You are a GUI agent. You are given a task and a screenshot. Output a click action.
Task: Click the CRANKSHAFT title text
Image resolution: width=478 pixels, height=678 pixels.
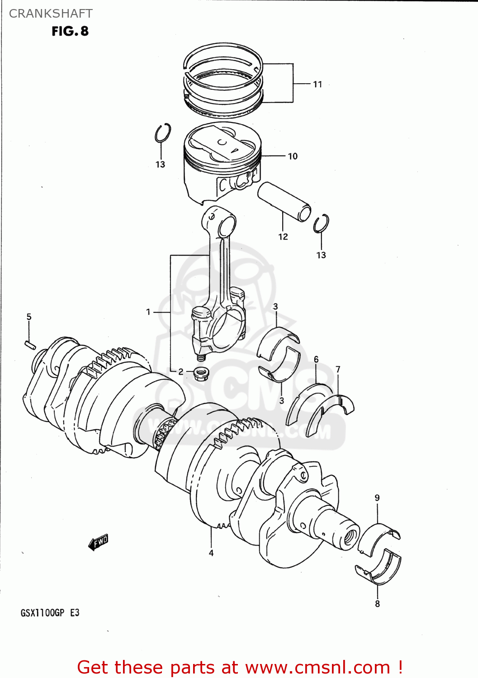point(51,14)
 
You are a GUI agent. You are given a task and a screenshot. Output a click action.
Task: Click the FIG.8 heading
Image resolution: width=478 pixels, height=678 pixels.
point(70,31)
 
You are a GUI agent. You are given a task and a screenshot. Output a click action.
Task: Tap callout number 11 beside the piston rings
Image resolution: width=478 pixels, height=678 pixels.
point(317,84)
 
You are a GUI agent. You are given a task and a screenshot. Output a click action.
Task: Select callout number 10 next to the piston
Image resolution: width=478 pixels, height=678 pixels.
point(293,156)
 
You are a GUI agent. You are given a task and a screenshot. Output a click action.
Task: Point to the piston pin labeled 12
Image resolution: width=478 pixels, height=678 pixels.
point(284,201)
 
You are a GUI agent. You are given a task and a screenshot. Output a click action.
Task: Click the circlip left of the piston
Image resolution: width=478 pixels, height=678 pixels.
point(162,133)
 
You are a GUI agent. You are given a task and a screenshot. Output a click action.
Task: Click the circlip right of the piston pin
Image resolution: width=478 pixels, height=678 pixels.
point(321,223)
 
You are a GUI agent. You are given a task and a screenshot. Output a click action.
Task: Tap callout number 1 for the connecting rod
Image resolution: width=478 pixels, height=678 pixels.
point(148,311)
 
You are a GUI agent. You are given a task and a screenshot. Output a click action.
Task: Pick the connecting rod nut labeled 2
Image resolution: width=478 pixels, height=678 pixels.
point(200,374)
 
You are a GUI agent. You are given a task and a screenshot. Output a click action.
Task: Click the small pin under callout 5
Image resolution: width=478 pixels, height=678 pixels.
point(30,344)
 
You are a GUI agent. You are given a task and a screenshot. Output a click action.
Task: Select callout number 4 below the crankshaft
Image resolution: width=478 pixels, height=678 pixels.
point(211,552)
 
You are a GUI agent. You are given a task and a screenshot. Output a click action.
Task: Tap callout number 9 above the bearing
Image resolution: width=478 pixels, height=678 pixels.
point(377,498)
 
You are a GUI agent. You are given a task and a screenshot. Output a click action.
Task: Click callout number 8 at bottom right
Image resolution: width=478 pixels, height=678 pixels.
point(377,603)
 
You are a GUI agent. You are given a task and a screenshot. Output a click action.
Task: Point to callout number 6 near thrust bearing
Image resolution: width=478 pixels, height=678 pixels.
point(316,359)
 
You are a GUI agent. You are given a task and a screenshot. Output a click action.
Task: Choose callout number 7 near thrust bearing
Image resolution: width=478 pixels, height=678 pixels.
point(338,369)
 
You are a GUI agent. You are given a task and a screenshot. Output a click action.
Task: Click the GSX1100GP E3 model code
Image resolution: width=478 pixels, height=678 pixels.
point(50,613)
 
